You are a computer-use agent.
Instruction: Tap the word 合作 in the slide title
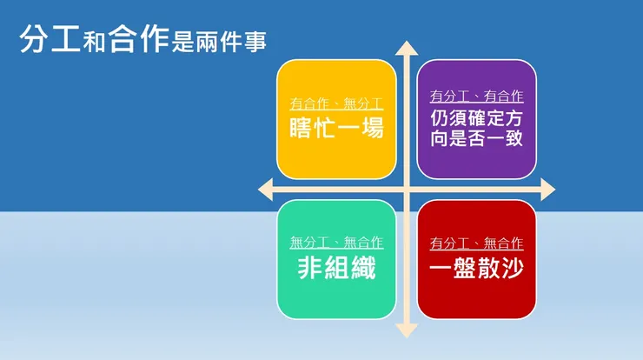click(x=137, y=40)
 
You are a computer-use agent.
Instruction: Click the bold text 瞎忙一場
click(x=336, y=129)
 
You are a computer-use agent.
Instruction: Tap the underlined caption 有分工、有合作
click(x=476, y=97)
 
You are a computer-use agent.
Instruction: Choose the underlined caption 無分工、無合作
click(x=336, y=243)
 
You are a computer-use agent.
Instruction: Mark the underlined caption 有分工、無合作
click(x=476, y=243)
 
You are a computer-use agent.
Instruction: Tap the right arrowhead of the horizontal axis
click(x=547, y=189)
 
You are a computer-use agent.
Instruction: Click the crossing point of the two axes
click(x=406, y=189)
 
